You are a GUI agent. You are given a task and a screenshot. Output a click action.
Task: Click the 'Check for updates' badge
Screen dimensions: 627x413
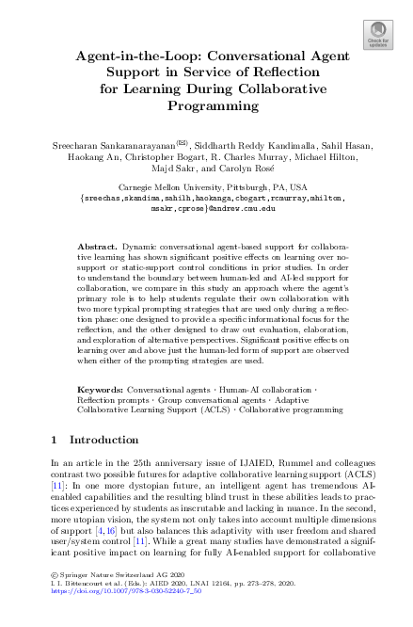(378, 34)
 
